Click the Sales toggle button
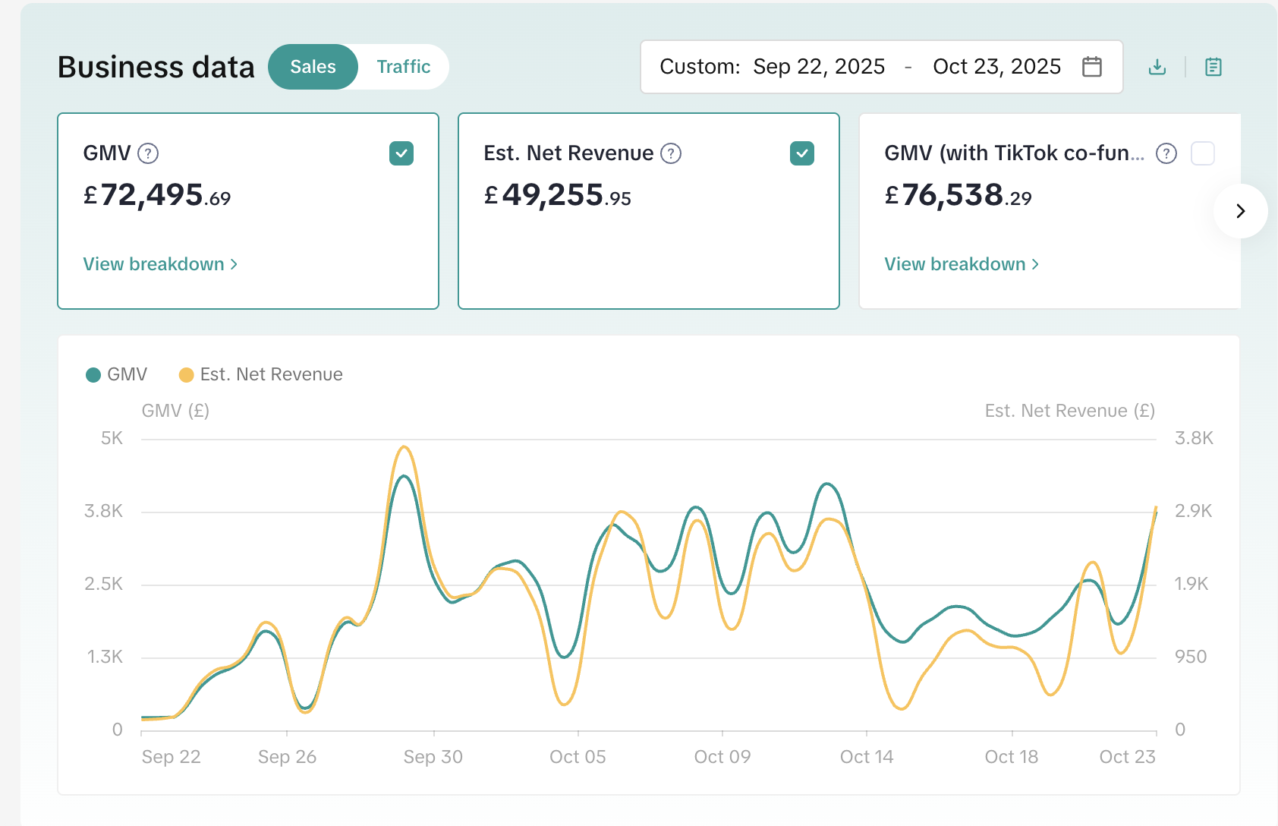313,67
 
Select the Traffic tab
403,67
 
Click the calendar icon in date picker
1091,67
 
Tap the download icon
1157,67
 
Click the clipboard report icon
1213,67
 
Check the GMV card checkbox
401,153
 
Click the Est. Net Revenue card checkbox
801,153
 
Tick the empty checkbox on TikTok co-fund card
1202,153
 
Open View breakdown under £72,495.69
160,264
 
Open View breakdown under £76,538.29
961,264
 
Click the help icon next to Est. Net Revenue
670,153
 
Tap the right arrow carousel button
1240,211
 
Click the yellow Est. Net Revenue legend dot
186,375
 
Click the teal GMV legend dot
93,375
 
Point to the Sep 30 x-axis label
433,757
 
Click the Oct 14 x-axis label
866,757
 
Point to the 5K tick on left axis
112,438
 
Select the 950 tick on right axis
1190,657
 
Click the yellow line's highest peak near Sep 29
404,447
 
